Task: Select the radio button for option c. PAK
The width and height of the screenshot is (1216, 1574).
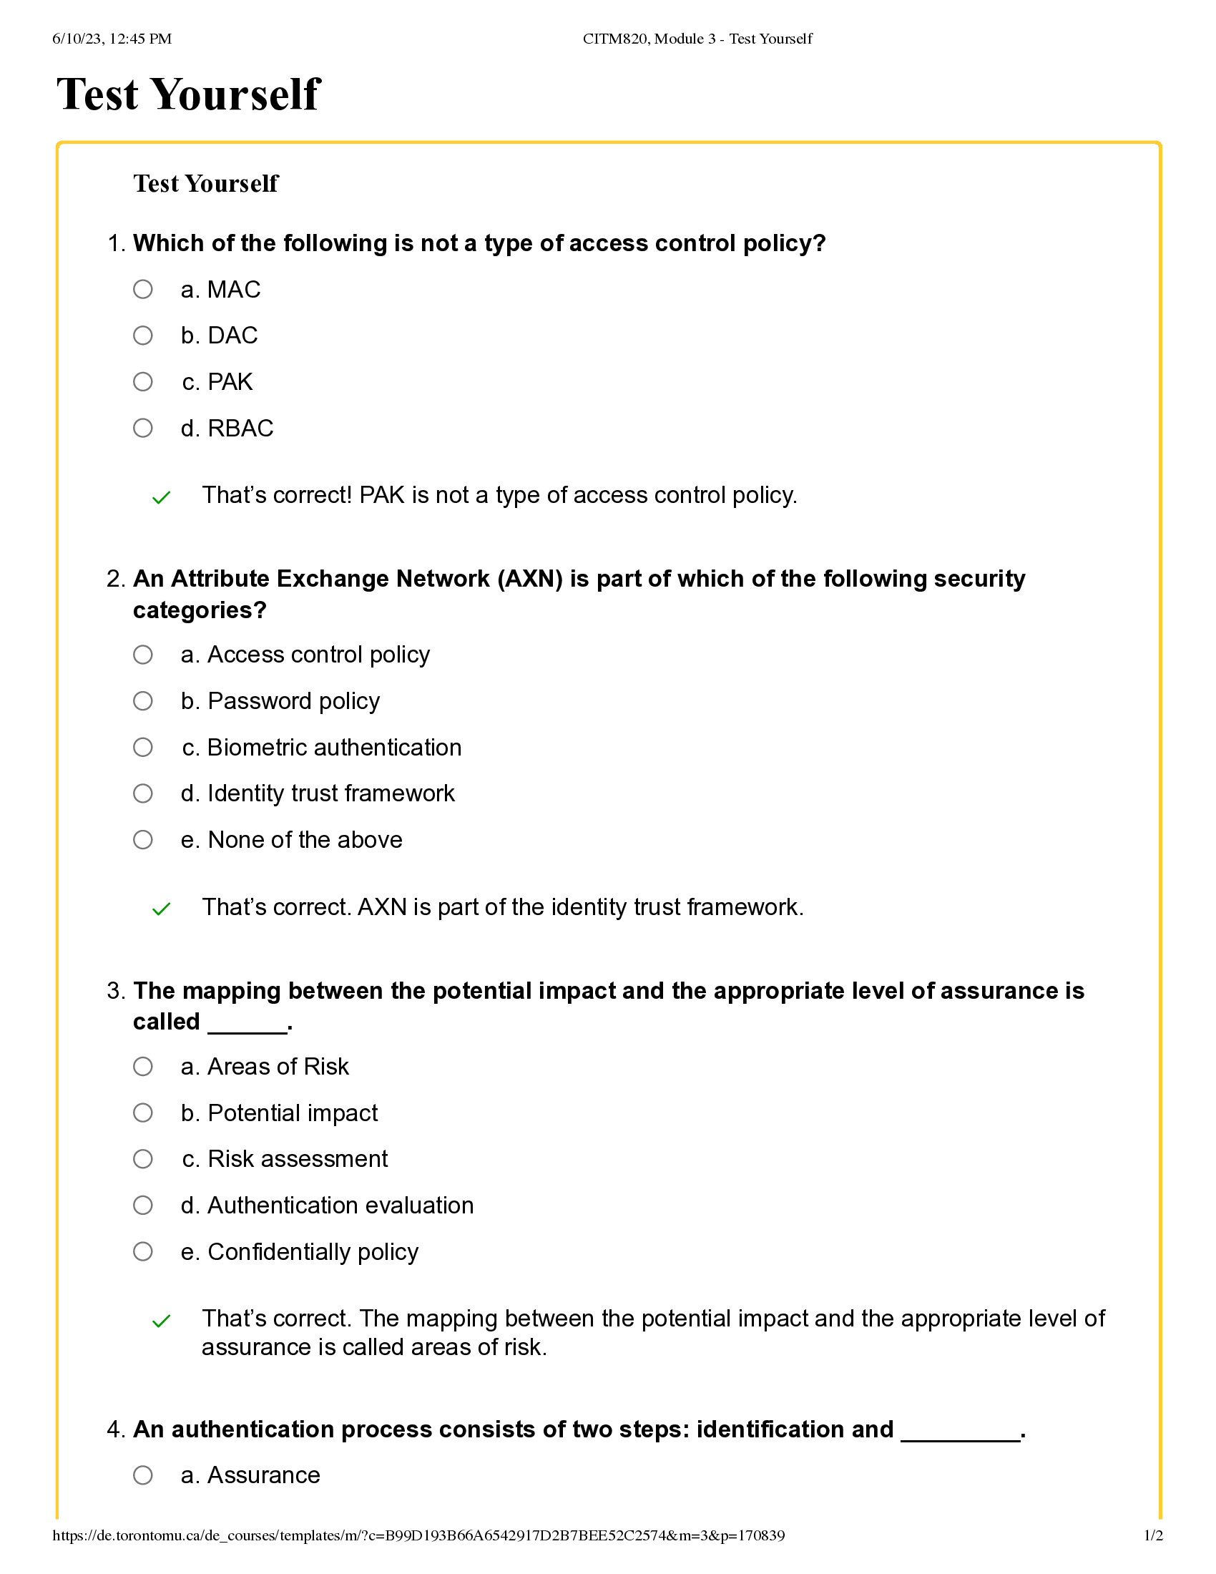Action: [x=142, y=381]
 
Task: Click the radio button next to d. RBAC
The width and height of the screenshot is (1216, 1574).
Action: [x=142, y=428]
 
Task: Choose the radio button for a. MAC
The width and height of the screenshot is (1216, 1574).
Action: [x=142, y=289]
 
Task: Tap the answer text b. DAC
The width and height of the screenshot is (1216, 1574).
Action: [x=219, y=336]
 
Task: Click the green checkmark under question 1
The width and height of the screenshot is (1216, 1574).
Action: [x=162, y=497]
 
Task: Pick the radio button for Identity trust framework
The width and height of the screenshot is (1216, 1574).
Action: [x=142, y=793]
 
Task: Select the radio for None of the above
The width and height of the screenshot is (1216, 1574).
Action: [x=142, y=840]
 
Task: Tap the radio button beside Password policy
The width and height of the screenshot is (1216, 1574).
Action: [x=142, y=701]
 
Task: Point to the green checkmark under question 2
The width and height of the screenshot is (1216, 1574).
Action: [x=162, y=909]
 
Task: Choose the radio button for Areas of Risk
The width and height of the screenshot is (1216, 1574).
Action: [x=142, y=1067]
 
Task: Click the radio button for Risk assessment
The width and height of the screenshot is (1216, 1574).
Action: [x=142, y=1159]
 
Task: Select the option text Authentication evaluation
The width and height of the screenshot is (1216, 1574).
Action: [x=327, y=1206]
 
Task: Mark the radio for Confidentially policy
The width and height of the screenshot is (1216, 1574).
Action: [x=142, y=1252]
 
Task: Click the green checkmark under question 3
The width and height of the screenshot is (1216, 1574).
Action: [x=162, y=1321]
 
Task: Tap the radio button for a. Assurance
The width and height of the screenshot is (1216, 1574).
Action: [x=142, y=1475]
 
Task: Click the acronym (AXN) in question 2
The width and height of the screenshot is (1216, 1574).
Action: [x=529, y=579]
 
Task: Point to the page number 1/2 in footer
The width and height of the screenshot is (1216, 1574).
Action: [x=1153, y=1536]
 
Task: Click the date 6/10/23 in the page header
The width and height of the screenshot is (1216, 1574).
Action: [x=77, y=39]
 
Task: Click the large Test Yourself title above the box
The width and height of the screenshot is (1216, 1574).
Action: [x=189, y=94]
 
